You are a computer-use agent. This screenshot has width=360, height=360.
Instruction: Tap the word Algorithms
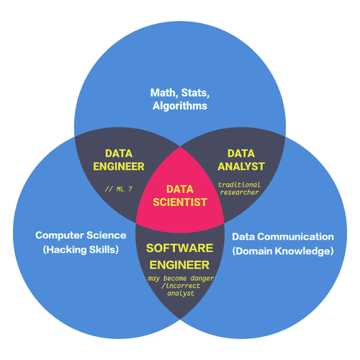[180, 106]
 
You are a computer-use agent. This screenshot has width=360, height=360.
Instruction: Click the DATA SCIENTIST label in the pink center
[180, 196]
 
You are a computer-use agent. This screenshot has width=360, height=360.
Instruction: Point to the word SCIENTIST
[180, 202]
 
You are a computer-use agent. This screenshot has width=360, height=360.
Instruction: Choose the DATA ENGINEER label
[119, 160]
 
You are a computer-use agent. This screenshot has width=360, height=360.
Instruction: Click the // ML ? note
[119, 189]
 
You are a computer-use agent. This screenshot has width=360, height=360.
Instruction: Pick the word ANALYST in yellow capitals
[241, 166]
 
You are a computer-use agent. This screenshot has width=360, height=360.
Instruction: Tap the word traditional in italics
[239, 184]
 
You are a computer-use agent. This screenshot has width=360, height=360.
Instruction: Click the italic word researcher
[239, 192]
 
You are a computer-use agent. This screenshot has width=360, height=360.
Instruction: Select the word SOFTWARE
[179, 248]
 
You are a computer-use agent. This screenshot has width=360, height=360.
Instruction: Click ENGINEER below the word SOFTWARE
[179, 265]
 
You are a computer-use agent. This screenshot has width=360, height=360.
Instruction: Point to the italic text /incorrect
[181, 286]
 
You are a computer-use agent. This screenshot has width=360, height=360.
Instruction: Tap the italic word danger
[202, 279]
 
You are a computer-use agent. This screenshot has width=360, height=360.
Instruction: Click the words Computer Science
[81, 235]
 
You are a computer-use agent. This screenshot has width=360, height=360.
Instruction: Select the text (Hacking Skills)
[81, 250]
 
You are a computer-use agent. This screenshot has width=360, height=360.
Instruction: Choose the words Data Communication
[283, 237]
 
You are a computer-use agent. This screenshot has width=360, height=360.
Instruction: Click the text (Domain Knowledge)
[283, 251]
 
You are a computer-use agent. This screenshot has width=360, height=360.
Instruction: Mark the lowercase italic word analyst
[181, 293]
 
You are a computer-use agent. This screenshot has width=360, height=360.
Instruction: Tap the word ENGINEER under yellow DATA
[119, 166]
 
